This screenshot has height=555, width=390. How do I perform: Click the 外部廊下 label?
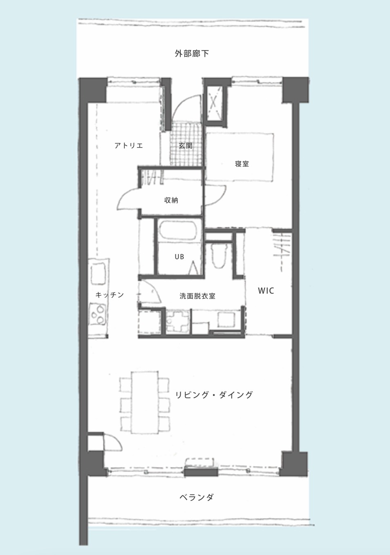click(192, 54)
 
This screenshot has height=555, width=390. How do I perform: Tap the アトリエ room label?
click(129, 145)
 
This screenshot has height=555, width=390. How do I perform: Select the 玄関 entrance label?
click(186, 145)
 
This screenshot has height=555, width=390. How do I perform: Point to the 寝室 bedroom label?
click(242, 164)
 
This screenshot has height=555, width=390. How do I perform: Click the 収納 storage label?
click(171, 200)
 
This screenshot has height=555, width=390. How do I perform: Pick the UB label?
click(179, 257)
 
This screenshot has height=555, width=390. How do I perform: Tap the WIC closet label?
click(266, 291)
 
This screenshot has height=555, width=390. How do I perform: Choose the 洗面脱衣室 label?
click(197, 296)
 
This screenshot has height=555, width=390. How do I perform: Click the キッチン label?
click(110, 295)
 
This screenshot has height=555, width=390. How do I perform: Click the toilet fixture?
click(220, 255)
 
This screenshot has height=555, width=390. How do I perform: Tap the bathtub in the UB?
click(178, 231)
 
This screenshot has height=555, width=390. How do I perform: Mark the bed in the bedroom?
click(240, 157)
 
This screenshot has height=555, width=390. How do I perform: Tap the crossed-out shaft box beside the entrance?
click(215, 104)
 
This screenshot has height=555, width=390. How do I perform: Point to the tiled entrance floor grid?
click(186, 144)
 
